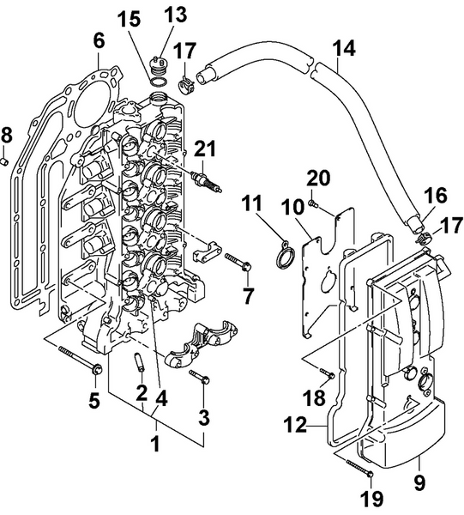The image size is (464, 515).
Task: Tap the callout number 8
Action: (7, 135)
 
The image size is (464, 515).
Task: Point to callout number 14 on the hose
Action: (343, 50)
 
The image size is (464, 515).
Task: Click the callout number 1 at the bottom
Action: (156, 445)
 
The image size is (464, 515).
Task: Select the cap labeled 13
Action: (157, 63)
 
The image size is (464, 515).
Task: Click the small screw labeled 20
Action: (314, 203)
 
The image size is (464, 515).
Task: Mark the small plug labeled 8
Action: (7, 160)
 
